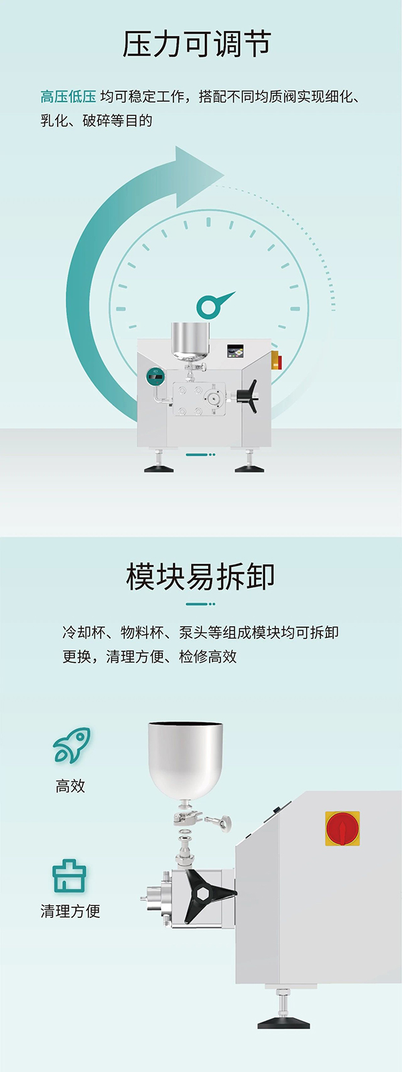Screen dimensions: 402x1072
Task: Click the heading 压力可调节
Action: click(197, 45)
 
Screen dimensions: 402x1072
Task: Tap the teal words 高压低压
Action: click(68, 96)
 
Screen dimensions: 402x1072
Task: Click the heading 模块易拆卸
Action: click(200, 577)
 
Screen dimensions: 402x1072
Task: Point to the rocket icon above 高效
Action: click(72, 745)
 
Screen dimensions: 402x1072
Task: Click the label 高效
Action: click(70, 786)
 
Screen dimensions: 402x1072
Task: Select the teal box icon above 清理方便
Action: click(70, 876)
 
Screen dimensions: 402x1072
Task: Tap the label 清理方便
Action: click(70, 911)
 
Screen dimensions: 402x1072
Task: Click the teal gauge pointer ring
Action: click(209, 306)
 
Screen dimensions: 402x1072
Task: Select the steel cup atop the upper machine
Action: click(190, 339)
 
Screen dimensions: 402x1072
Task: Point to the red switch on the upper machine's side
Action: click(276, 360)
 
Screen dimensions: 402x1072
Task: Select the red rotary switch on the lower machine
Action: click(342, 828)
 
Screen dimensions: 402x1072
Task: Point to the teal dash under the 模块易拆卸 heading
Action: click(200, 604)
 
